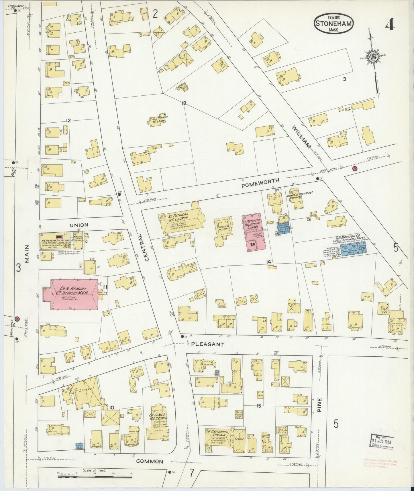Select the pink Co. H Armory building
pos(74,294)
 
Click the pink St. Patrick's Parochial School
pos(254,232)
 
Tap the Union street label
pos(79,225)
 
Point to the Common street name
pos(150,461)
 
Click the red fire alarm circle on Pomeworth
pos(355,168)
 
